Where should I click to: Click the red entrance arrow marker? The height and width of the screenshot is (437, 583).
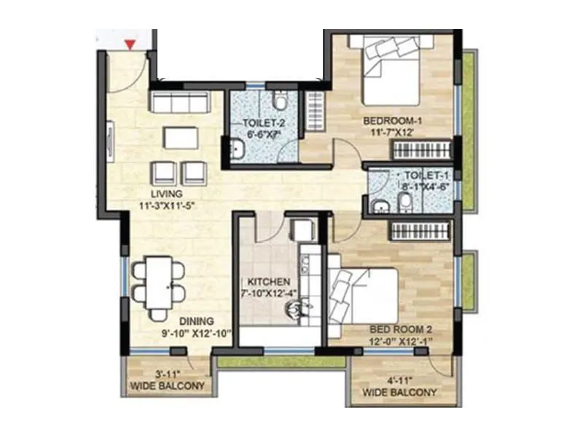click(x=130, y=46)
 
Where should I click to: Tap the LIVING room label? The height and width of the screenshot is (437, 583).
click(x=165, y=194)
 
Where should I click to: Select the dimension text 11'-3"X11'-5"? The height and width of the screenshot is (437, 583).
click(x=169, y=206)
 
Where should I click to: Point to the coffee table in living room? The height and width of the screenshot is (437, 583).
click(x=180, y=137)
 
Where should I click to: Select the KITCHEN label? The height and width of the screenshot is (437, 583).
click(x=269, y=281)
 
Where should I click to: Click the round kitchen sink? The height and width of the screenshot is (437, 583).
click(x=294, y=311)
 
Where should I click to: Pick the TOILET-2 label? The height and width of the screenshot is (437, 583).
click(x=264, y=123)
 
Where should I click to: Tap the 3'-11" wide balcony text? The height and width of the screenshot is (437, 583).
click(x=166, y=380)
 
